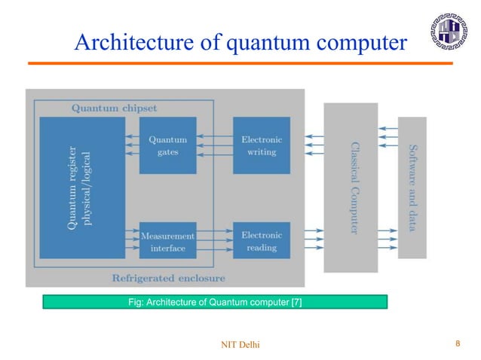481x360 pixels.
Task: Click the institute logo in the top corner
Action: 450,33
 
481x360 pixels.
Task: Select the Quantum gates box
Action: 167,145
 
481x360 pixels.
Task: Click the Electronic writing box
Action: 261,145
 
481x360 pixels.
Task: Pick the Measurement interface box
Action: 167,241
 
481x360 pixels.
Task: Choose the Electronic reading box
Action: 261,241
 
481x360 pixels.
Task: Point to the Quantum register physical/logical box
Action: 82,187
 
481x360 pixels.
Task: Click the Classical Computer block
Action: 351,187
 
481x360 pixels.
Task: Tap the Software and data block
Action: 412,187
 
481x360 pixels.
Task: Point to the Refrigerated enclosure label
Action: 168,277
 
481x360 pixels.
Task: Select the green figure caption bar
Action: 214,302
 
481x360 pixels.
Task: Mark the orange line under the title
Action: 240,63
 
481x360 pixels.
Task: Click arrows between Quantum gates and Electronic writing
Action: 214,145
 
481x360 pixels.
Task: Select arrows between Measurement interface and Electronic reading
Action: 214,241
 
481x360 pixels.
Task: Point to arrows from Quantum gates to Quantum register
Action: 132,145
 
